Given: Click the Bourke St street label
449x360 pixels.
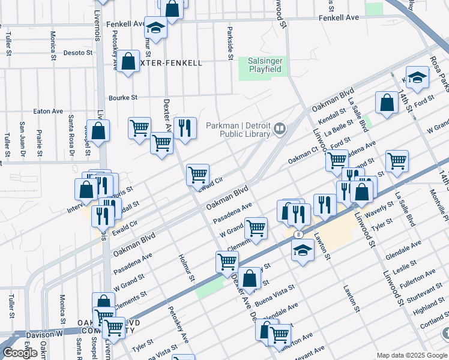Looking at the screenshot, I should pyautogui.click(x=123, y=97).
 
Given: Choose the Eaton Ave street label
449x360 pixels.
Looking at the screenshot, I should pyautogui.click(x=48, y=111).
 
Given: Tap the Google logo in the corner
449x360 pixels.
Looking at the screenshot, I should pyautogui.click(x=20, y=352).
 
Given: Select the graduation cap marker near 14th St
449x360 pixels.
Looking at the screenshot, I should pyautogui.click(x=417, y=77).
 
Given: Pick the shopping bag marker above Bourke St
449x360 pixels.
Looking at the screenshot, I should pyautogui.click(x=128, y=61).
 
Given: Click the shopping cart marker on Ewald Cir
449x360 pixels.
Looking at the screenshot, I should pyautogui.click(x=197, y=175).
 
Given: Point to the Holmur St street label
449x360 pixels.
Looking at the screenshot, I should pyautogui.click(x=187, y=267).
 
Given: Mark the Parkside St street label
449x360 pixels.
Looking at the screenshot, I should pyautogui.click(x=230, y=43).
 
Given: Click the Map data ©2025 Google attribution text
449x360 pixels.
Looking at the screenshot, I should pyautogui.click(x=412, y=355).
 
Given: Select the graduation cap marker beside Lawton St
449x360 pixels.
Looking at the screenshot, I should pyautogui.click(x=303, y=250).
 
